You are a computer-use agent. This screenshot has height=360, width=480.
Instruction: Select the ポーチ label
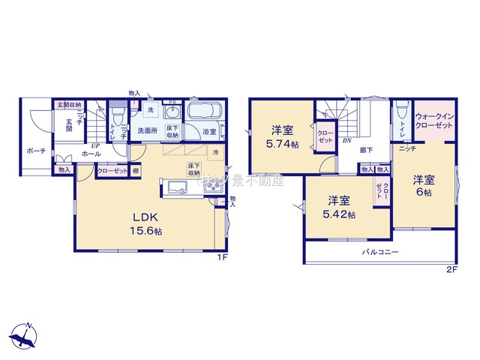pyautogui.click(x=36, y=151)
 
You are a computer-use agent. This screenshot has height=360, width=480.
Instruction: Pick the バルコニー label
pyautogui.click(x=381, y=253)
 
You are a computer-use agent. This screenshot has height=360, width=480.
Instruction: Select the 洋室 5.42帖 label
pyautogui.click(x=340, y=207)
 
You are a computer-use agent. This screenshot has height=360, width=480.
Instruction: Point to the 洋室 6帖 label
pyautogui.click(x=424, y=185)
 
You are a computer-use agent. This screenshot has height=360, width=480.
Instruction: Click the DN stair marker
pyautogui.click(x=347, y=140)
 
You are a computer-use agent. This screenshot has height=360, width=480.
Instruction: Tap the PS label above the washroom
pyautogui.click(x=171, y=103)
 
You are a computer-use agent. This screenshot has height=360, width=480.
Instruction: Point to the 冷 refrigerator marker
pyautogui.click(x=215, y=152)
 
